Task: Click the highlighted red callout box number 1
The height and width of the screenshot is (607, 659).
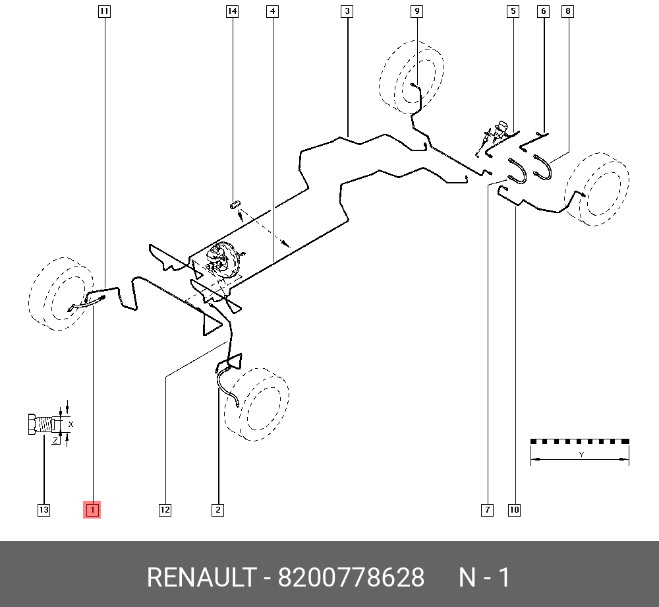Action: coord(92,509)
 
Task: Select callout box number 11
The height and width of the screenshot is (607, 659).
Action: coord(104,11)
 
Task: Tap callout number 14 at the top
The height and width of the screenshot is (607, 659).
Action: coord(231,11)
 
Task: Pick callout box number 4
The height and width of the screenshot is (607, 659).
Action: coord(273,11)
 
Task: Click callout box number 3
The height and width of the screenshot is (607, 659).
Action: coord(347,11)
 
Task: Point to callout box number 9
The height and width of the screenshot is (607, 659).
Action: coord(416,11)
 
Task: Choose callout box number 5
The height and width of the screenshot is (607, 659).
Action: coord(513,11)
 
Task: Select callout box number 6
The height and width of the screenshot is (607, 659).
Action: coord(544,11)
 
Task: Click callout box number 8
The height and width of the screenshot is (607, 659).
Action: coord(568,11)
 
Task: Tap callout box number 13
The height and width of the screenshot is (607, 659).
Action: coord(43,509)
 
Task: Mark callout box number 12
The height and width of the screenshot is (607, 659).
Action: coord(165,509)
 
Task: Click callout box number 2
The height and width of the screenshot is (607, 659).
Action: coord(217,509)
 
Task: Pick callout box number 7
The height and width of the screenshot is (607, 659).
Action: coord(487,509)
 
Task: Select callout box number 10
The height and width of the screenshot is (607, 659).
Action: coord(514,509)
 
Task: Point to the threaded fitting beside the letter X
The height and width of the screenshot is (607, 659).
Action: coord(41,423)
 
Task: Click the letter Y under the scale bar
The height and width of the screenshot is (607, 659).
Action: coord(581,455)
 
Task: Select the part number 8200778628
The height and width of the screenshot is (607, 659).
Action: coord(351,577)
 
